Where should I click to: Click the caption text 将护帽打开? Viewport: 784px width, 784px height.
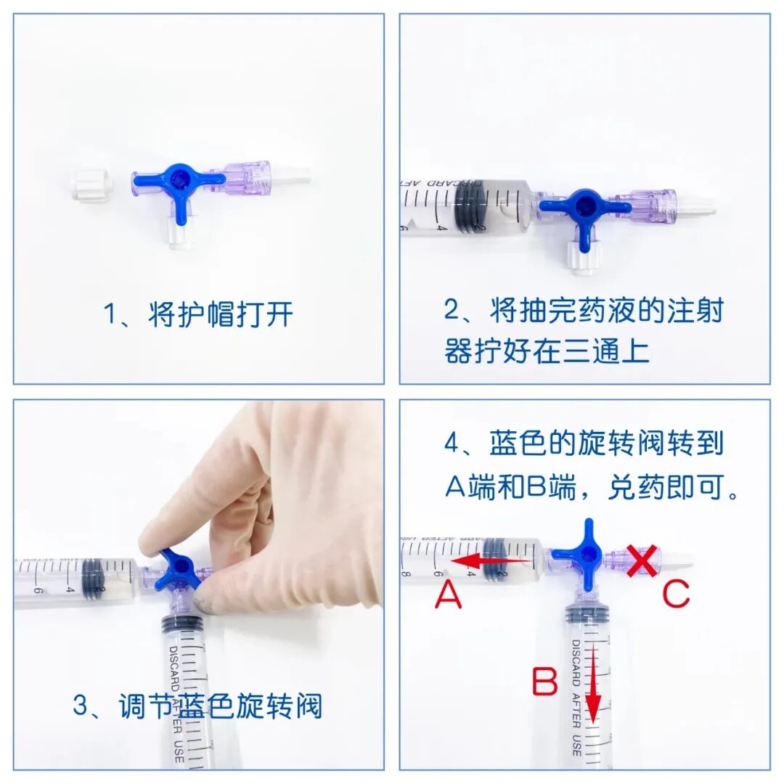click(x=221, y=315)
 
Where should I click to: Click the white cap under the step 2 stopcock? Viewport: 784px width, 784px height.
click(x=583, y=258)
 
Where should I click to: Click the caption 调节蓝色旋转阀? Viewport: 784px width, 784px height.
click(x=221, y=706)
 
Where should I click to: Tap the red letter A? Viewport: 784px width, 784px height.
click(x=448, y=597)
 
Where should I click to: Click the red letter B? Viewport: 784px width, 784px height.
click(x=544, y=683)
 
